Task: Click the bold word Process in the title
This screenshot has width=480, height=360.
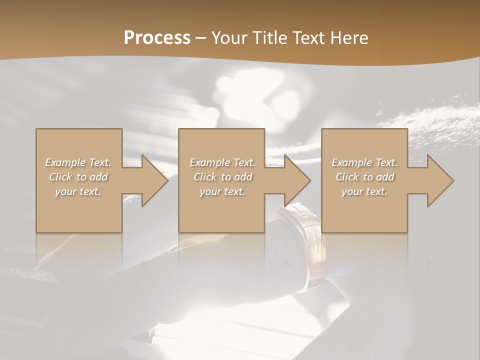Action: tap(157, 38)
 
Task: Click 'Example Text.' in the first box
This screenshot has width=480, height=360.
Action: tap(78, 162)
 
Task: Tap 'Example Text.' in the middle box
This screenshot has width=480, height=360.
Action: tap(222, 162)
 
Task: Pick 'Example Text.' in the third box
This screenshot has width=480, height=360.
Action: tap(364, 162)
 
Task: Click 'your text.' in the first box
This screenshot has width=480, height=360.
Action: tap(78, 191)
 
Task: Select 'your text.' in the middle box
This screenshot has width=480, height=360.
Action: tap(222, 191)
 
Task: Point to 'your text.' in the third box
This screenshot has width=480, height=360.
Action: tap(364, 191)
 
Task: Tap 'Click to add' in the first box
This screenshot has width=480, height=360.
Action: tap(78, 177)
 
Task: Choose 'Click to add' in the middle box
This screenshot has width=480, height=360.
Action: tap(222, 177)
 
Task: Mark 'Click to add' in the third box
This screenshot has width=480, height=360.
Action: tap(364, 177)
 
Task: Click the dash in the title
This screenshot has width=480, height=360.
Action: tap(201, 38)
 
